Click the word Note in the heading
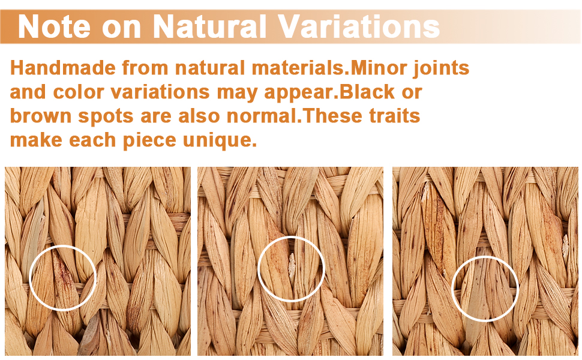pyautogui.click(x=54, y=26)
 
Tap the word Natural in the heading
pyautogui.click(x=210, y=26)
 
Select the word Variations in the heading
pyautogui.click(x=359, y=26)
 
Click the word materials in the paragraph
pyautogui.click(x=299, y=68)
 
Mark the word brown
pyautogui.click(x=40, y=116)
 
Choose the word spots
pyautogui.click(x=106, y=117)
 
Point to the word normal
pyautogui.click(x=262, y=116)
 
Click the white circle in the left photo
pyautogui.click(x=29, y=278)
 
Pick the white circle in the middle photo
pyautogui.click(x=259, y=268)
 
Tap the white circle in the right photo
pyautogui.click(x=452, y=289)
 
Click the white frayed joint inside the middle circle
pyautogui.click(x=292, y=265)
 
